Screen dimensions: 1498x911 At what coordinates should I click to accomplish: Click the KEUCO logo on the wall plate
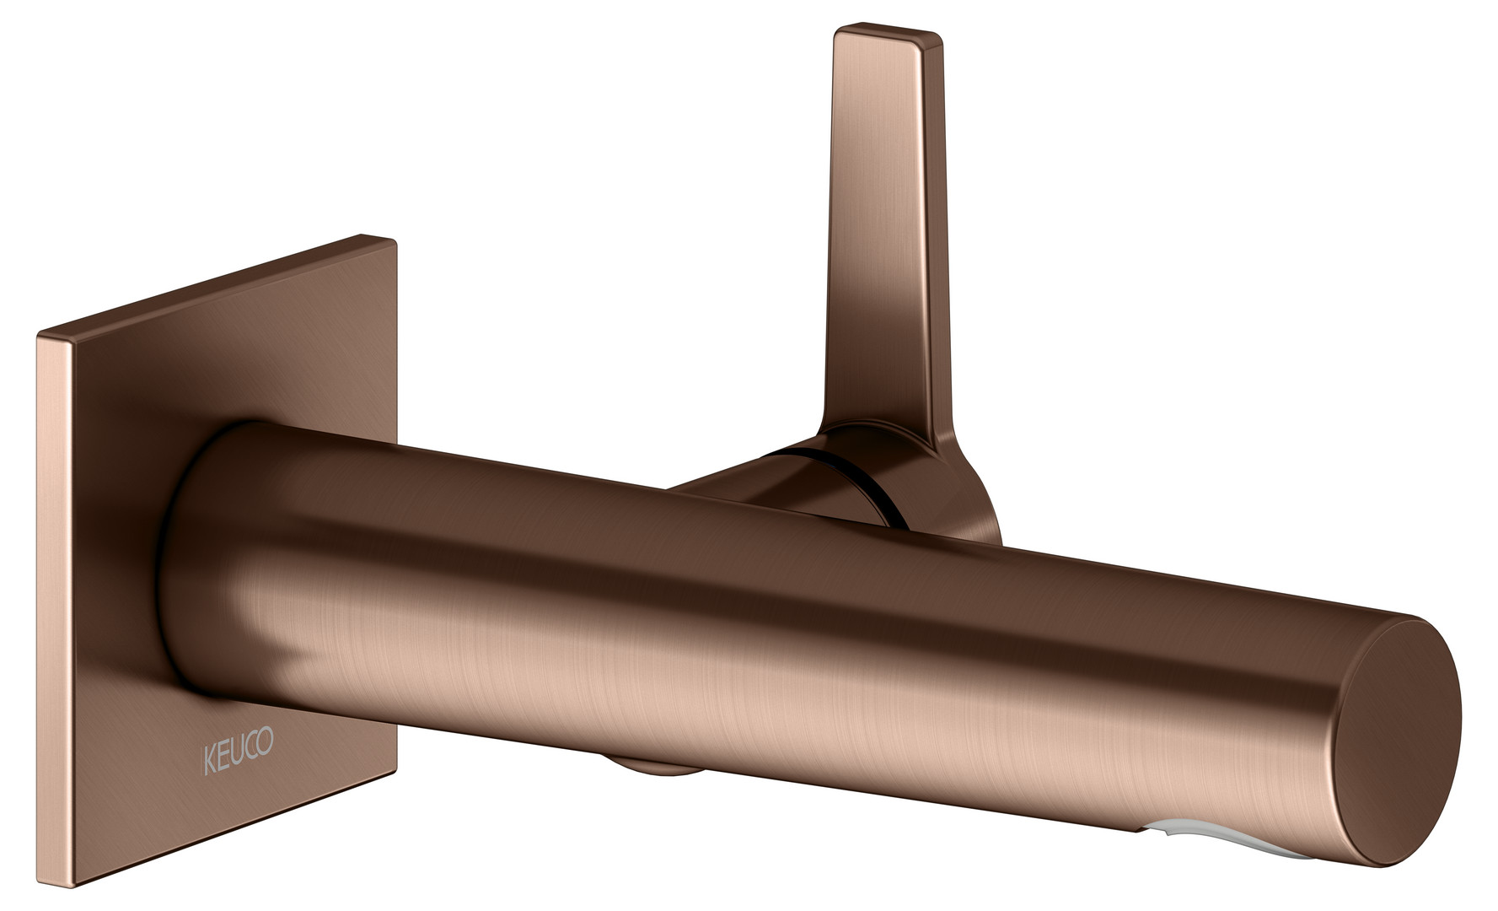click(x=238, y=758)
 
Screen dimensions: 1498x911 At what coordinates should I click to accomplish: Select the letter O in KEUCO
click(x=266, y=754)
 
